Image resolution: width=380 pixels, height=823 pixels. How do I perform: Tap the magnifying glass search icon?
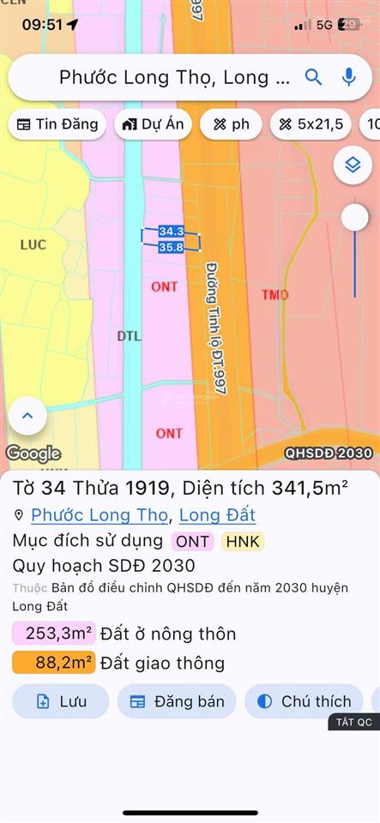click(x=314, y=77)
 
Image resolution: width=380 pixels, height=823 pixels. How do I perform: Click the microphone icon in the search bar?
click(x=348, y=77)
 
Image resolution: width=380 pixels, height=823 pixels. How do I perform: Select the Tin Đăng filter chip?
click(x=57, y=124)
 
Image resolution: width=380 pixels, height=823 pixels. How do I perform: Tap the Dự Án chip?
click(x=154, y=124)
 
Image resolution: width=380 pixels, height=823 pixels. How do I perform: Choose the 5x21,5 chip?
click(x=311, y=124)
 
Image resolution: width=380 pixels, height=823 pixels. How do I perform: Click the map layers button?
click(x=353, y=165)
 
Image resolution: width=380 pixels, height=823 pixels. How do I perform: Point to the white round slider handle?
click(x=354, y=218)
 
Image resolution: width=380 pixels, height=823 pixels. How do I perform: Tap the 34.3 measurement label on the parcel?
click(x=172, y=231)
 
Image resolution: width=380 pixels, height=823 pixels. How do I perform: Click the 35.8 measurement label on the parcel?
click(x=172, y=247)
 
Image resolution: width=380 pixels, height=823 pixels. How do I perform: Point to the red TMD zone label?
click(x=274, y=295)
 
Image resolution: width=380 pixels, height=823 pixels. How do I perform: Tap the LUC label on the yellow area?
click(x=33, y=245)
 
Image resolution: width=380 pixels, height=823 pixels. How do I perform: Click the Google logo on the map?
click(x=33, y=454)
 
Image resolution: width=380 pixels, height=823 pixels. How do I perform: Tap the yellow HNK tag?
click(x=243, y=541)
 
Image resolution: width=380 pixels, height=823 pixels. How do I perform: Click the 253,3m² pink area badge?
click(x=53, y=634)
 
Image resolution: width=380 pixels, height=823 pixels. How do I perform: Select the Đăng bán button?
click(x=178, y=701)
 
